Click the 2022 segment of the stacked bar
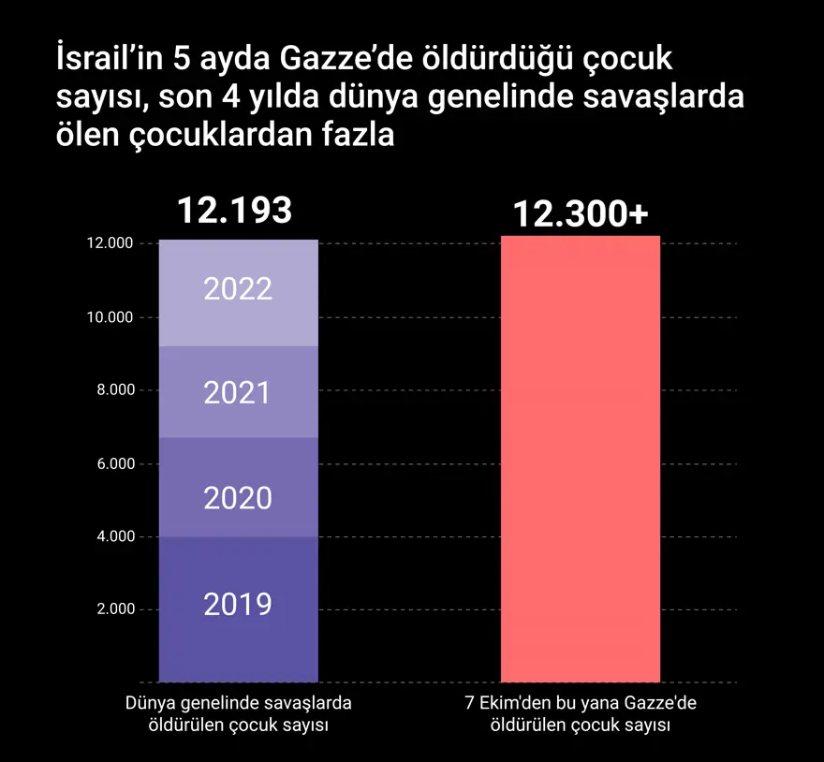(238, 293)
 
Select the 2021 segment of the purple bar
(238, 392)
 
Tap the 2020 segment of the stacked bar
(238, 488)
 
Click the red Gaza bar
(581, 459)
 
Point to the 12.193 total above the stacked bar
(235, 211)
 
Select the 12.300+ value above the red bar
(581, 214)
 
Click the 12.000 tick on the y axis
(109, 243)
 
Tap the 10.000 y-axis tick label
(109, 317)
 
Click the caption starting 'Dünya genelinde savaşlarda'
(238, 713)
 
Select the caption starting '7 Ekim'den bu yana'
(581, 713)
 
